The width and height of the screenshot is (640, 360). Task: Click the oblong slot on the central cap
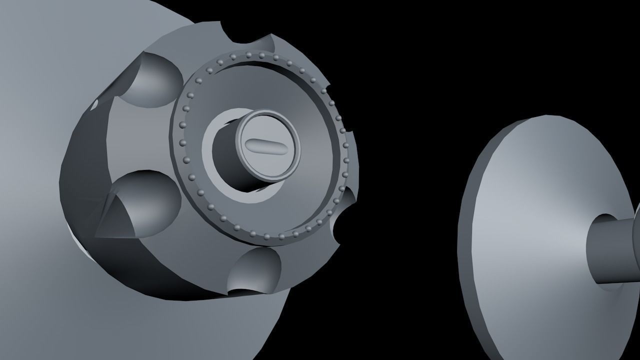tap(266, 145)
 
